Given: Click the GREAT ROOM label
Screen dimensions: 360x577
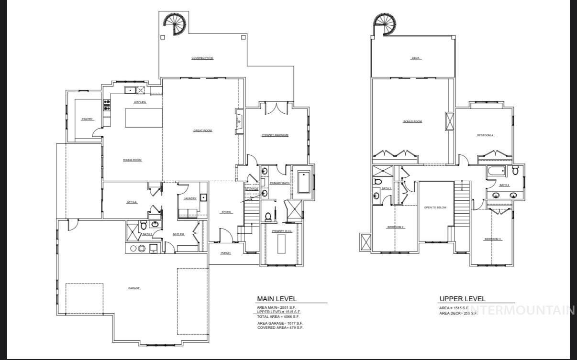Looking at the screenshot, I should coord(202,131).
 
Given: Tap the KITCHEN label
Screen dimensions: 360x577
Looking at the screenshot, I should coord(140,103).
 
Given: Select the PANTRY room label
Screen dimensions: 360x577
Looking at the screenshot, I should coord(87,119).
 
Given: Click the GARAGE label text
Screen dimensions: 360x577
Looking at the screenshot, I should coord(134,288).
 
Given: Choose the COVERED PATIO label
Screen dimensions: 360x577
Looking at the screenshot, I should coord(202,58).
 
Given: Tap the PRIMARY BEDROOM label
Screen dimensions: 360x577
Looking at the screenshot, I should coord(275,135).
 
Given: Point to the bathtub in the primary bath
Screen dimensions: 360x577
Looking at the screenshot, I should coord(303,182).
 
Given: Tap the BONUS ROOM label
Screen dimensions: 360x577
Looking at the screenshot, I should coord(412,121).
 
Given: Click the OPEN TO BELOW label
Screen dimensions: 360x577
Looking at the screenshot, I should coord(435,207).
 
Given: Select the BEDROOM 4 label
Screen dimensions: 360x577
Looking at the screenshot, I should coord(485,135).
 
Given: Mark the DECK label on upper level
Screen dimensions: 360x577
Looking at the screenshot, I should coord(416,58).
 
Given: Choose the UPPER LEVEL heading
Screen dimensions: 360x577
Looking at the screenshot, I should coord(462,299).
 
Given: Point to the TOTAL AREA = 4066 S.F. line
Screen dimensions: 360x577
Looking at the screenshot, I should coord(278,316).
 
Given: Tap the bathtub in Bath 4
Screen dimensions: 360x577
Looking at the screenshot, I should coord(497,172).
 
